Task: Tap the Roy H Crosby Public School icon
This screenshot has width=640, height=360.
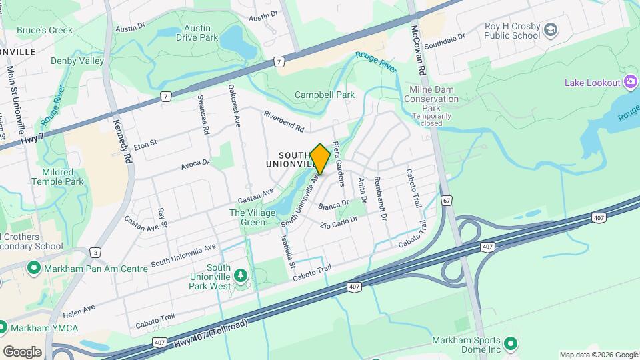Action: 550,30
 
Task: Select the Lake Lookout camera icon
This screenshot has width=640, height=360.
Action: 630,83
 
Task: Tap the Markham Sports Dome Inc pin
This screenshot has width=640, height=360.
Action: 511,344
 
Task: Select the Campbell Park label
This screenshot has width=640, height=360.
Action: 325,95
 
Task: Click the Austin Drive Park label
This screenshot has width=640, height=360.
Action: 197,33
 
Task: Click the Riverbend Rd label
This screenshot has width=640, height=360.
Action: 283,121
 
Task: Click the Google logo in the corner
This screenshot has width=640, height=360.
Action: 22,351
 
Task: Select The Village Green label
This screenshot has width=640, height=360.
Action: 247,218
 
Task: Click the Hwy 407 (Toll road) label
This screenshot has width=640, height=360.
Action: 211,333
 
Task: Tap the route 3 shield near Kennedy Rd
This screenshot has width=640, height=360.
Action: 96,252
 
